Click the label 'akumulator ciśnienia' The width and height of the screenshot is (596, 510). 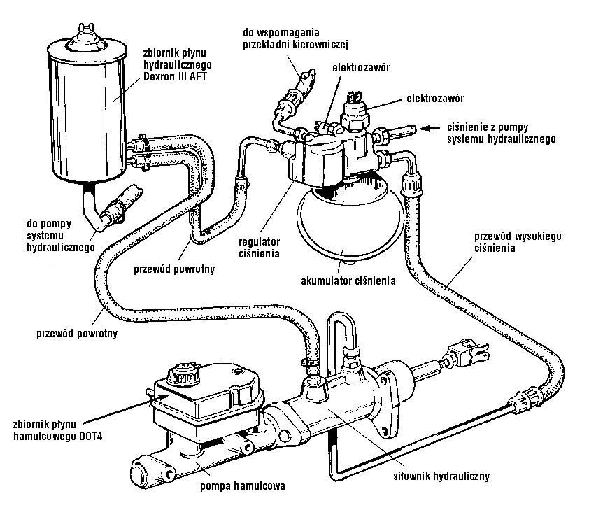tap(345, 282)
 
